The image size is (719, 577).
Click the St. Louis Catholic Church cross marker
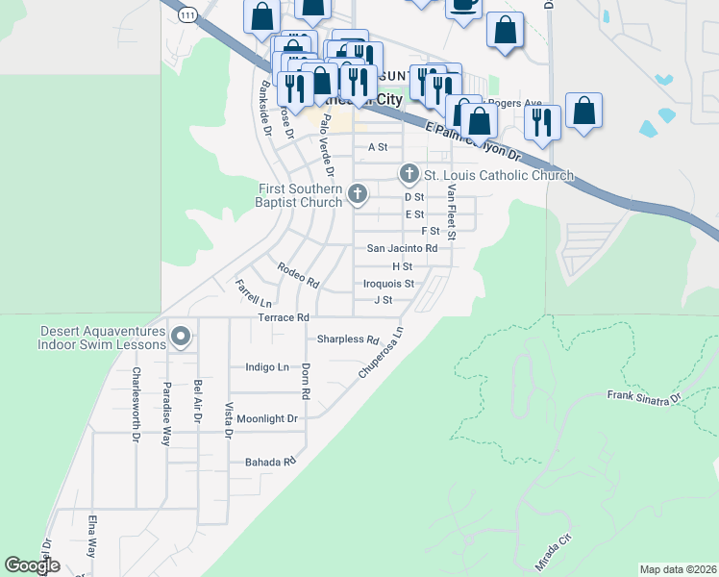[x=409, y=174]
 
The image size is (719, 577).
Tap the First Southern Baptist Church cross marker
[x=358, y=194]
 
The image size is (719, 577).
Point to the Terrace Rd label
[x=284, y=317]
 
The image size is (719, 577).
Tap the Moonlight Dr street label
[x=268, y=419]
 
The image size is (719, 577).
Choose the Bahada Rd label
[x=268, y=463]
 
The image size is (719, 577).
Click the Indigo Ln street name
[x=267, y=367]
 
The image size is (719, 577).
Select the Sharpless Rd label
[x=349, y=339]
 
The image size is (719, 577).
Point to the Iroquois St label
[x=388, y=284]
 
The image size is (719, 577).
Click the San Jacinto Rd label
[x=402, y=248]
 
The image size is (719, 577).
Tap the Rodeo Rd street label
[x=298, y=275]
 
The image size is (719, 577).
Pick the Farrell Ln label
[x=253, y=293]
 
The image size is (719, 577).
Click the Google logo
[x=32, y=566]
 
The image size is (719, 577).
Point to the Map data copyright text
[x=679, y=569]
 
